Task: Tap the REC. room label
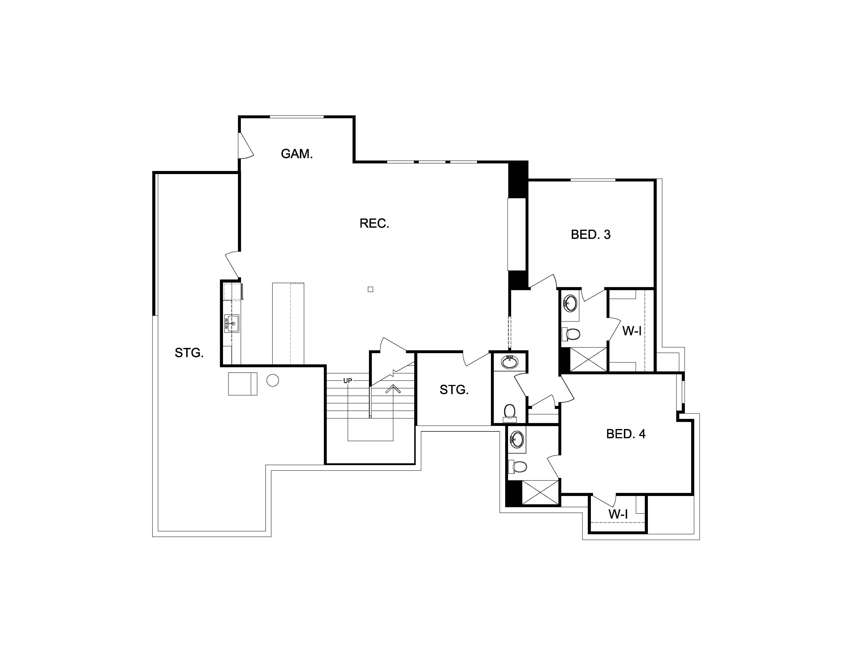tap(374, 223)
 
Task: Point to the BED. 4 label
tap(626, 434)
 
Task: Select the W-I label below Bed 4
tap(618, 514)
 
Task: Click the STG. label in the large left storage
tap(189, 353)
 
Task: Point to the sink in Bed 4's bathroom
tap(517, 439)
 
